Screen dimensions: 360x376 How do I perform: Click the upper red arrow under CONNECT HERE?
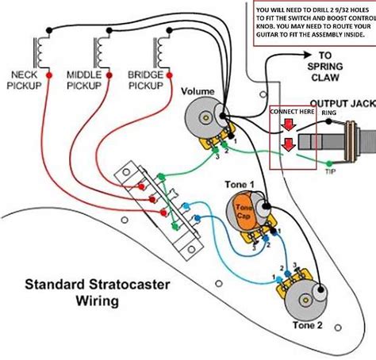(x=291, y=126)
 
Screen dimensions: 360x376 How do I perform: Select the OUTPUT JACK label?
(x=342, y=103)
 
